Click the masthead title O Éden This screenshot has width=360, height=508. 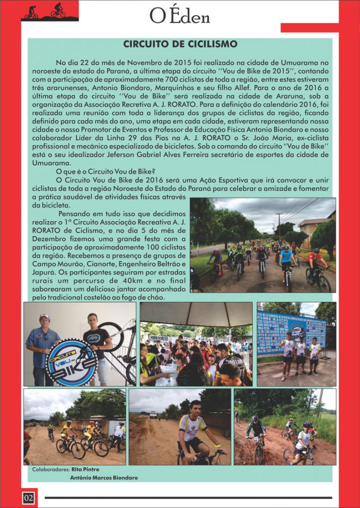(x=180, y=17)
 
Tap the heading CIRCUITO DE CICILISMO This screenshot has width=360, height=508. (x=180, y=44)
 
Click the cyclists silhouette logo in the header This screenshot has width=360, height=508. (x=49, y=12)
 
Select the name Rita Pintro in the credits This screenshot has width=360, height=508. (x=85, y=469)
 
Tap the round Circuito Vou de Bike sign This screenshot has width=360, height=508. (x=71, y=362)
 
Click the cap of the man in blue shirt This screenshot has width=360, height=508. (x=45, y=316)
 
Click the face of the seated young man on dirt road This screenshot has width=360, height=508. (x=196, y=408)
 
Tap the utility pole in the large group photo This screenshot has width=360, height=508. (x=279, y=223)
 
